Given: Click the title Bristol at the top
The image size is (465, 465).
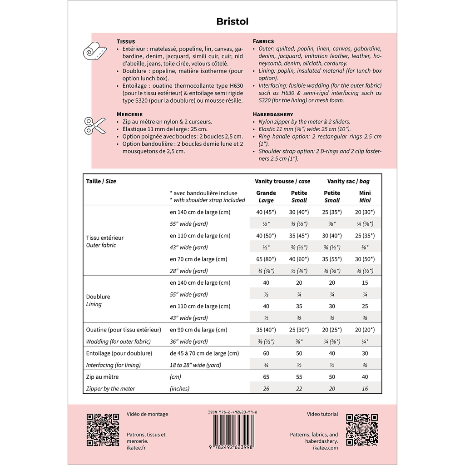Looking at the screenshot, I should [232, 21].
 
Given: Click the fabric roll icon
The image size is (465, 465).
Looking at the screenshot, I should [94, 51].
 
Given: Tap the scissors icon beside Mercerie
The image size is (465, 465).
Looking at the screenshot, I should [95, 125].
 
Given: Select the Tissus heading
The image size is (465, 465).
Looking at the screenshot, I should [126, 41].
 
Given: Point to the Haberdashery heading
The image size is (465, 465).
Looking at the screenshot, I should [272, 114].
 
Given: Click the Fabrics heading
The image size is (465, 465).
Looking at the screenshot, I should [263, 41].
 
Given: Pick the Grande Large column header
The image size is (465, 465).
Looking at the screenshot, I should [266, 196].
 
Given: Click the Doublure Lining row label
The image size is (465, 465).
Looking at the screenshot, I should [98, 300].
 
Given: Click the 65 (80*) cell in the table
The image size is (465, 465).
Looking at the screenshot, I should [266, 259].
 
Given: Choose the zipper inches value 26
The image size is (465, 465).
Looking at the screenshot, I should [266, 389].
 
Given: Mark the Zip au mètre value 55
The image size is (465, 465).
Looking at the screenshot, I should [299, 377].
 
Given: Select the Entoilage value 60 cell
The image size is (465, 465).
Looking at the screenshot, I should [266, 353].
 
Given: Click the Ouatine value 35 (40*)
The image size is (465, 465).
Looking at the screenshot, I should [266, 330].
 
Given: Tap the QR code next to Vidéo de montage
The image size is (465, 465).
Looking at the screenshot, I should [103, 430].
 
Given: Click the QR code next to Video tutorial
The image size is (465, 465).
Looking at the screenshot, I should [362, 430].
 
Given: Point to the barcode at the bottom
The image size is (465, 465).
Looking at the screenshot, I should [232, 430].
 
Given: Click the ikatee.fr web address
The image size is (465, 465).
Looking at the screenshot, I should [136, 448].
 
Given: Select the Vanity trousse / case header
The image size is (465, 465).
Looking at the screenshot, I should [282, 181].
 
